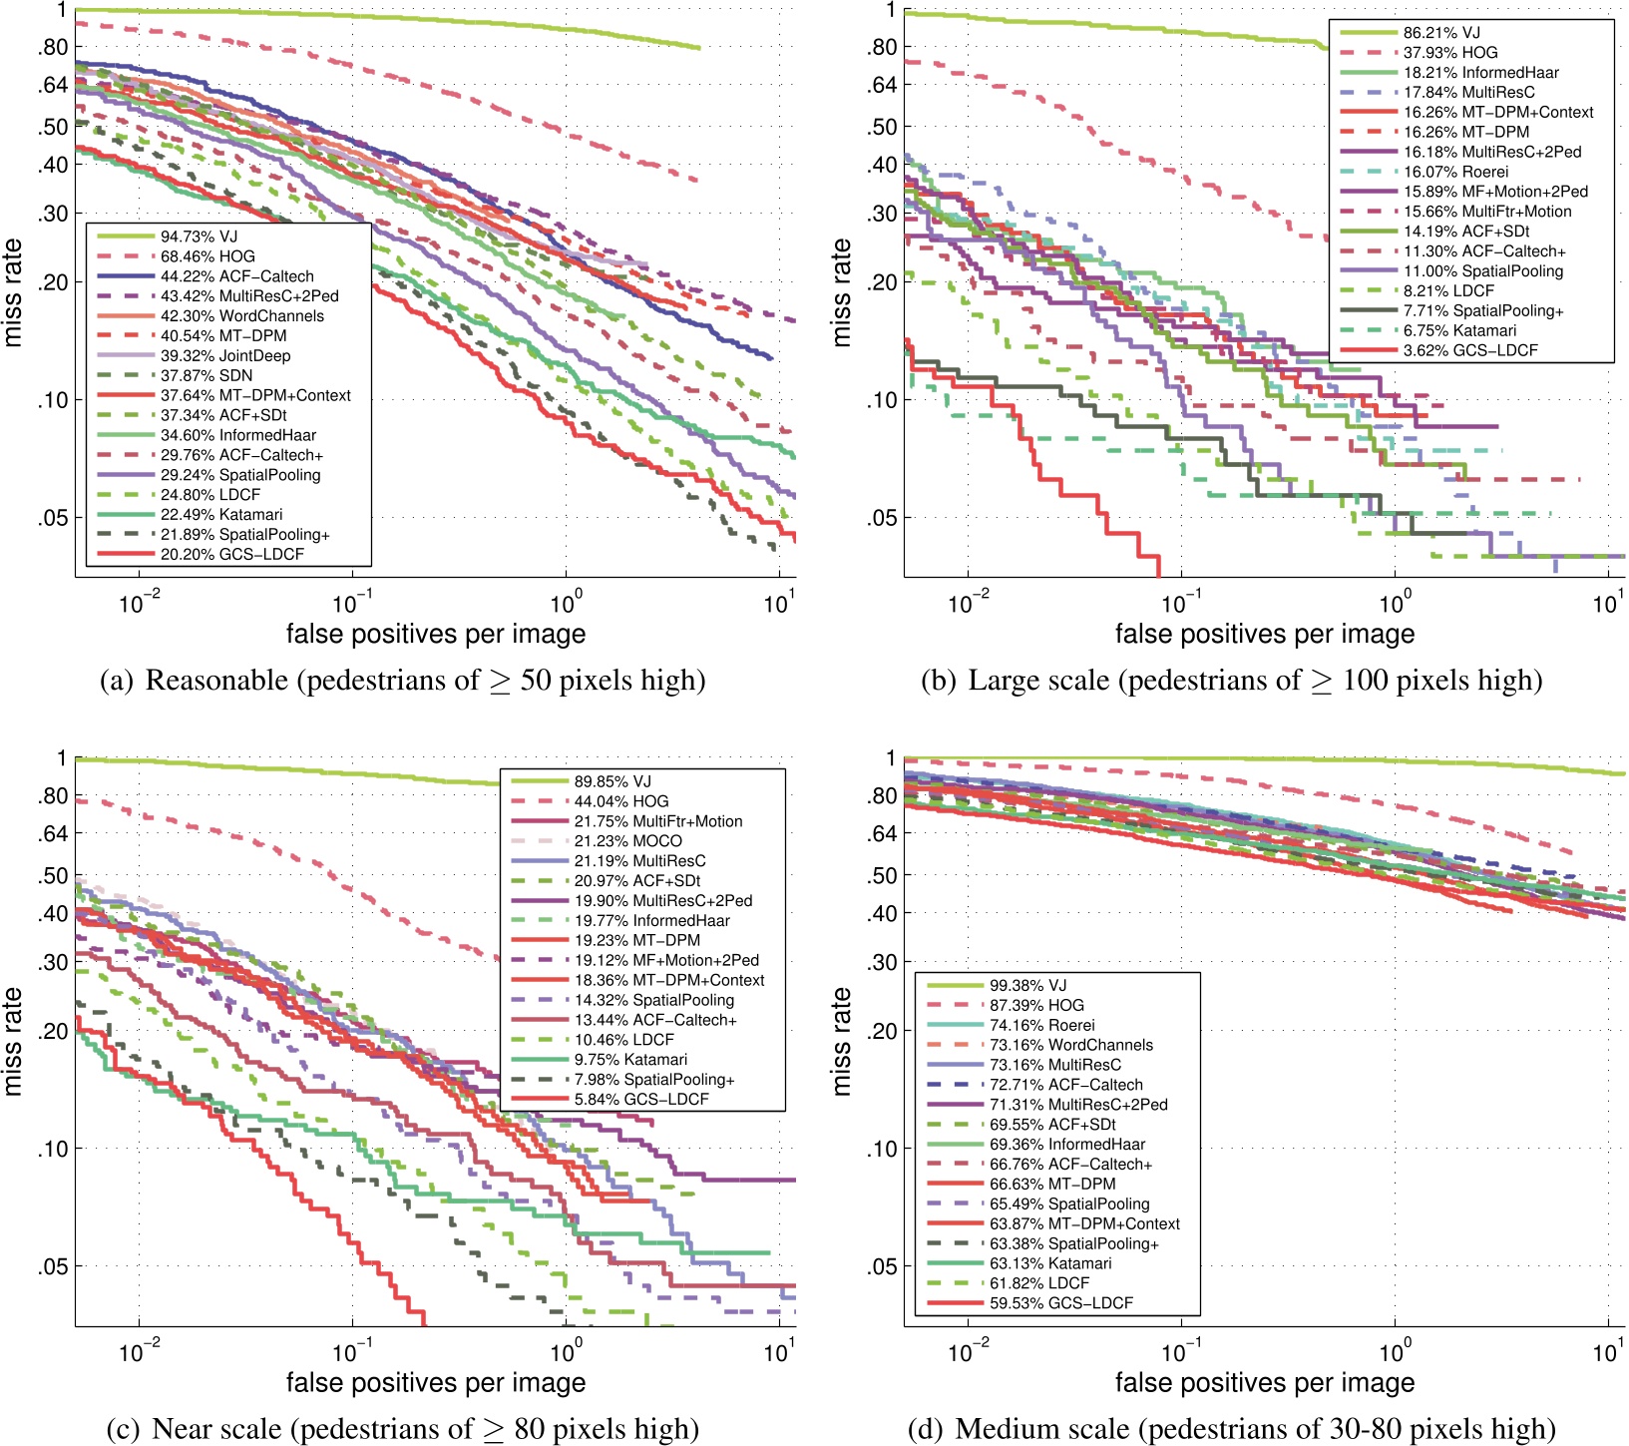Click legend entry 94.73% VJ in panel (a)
click(199, 237)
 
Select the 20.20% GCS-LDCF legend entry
click(231, 554)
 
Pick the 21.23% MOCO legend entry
click(627, 841)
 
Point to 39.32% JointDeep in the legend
click(225, 355)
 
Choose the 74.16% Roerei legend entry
click(1041, 1025)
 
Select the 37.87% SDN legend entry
click(206, 375)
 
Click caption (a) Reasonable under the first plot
click(403, 681)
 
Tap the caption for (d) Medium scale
click(1231, 1429)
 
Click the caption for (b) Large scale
click(1231, 681)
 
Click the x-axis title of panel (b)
click(1264, 634)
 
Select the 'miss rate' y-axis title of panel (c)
click(13, 1041)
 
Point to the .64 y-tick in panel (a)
click(53, 85)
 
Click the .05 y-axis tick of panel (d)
click(882, 1266)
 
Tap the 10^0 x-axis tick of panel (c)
click(566, 1353)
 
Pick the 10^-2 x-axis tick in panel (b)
click(967, 604)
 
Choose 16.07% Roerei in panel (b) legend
click(1455, 172)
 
